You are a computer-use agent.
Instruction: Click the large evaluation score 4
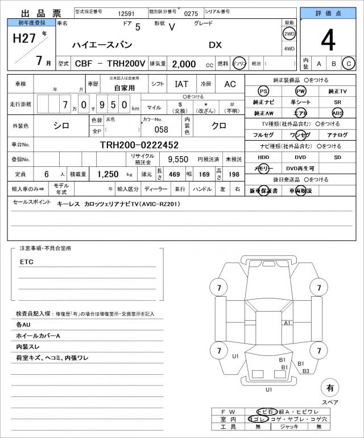pyautogui.click(x=329, y=41)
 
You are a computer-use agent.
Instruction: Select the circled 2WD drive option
pyautogui.click(x=289, y=34)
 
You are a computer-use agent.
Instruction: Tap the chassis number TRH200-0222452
pyautogui.click(x=139, y=145)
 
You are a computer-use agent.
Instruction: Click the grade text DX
pyautogui.click(x=215, y=44)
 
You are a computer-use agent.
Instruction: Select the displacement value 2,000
pyautogui.click(x=184, y=64)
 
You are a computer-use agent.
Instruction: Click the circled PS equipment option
pyautogui.click(x=263, y=92)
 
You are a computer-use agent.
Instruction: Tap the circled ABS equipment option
pyautogui.click(x=338, y=113)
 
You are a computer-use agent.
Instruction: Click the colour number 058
pyautogui.click(x=162, y=129)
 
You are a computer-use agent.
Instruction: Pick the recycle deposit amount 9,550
pyautogui.click(x=178, y=159)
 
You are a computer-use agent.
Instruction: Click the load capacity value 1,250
pyautogui.click(x=107, y=174)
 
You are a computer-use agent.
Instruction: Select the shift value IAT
pyautogui.click(x=181, y=84)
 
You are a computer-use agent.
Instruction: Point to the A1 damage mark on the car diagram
pyautogui.click(x=287, y=323)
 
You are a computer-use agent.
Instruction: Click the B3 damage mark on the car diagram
pyautogui.click(x=305, y=371)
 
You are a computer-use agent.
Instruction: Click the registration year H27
pyautogui.click(x=23, y=38)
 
